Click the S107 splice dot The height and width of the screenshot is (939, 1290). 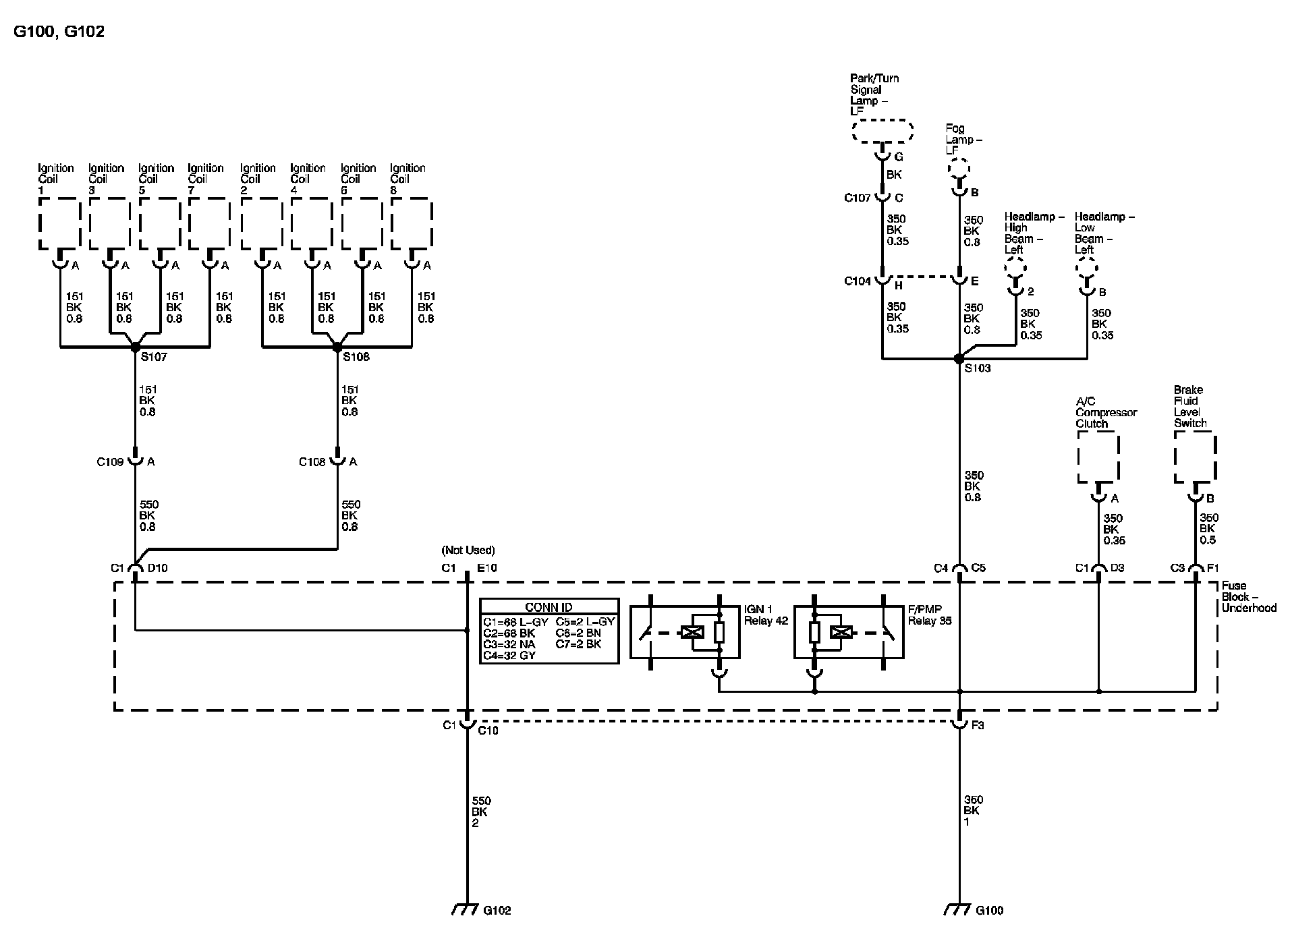pos(135,347)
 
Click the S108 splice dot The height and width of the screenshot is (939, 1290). pos(337,347)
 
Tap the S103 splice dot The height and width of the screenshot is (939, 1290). pos(959,360)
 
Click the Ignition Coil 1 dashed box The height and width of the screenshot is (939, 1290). pos(60,223)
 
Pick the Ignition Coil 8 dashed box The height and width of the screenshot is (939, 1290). pos(412,223)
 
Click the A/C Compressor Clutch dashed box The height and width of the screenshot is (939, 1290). pos(1098,457)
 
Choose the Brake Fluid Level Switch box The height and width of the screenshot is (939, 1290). pos(1195,457)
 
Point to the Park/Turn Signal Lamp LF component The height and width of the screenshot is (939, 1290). pos(882,131)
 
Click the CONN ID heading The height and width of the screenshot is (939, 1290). pos(549,607)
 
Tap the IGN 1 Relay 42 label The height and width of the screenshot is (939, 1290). pos(766,615)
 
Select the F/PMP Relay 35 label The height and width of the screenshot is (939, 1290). pos(929,615)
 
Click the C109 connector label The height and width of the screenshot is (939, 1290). pos(110,462)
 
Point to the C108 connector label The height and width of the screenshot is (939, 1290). pos(312,462)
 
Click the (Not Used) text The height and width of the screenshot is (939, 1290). pos(468,550)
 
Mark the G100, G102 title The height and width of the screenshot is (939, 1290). pos(59,32)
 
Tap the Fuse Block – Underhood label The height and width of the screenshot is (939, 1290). pos(1249,597)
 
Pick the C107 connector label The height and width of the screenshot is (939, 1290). pos(858,198)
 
